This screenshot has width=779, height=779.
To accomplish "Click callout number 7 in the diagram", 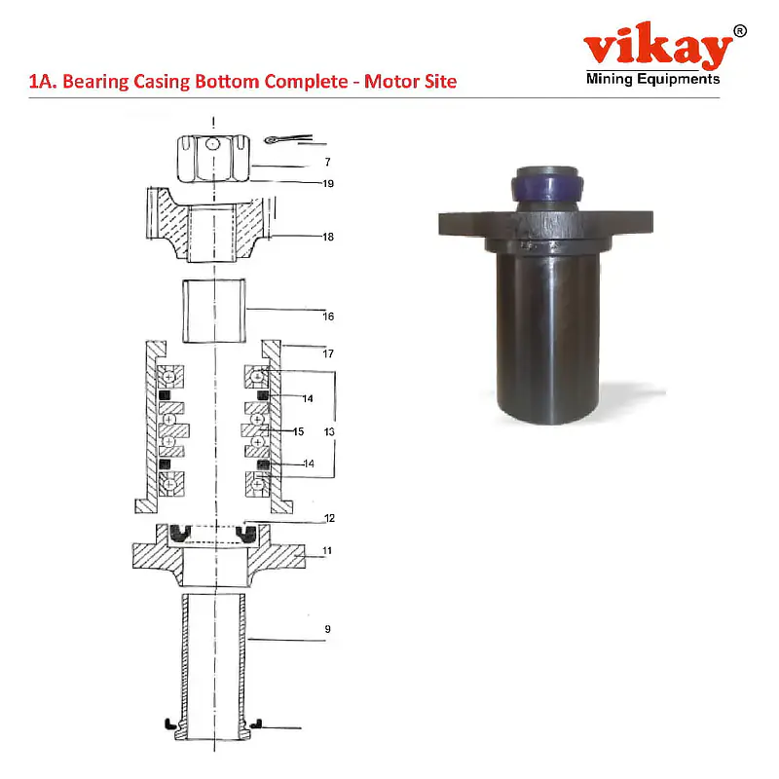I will coord(328,161).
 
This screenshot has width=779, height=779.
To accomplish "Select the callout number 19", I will coord(329,183).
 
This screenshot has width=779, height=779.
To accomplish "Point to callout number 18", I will coord(329,236).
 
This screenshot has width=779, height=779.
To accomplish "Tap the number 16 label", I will coord(329,315).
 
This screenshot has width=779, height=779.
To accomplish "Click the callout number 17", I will coord(329,353).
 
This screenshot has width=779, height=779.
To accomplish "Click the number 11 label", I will coord(328,550).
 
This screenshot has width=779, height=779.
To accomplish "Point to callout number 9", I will coord(328,630).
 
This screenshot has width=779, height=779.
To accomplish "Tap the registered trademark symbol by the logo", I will coord(740,31).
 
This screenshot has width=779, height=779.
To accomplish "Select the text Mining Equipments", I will coord(652,80).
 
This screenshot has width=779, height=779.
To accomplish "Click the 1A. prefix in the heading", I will coord(43,82).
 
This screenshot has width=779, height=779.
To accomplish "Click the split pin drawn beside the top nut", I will coord(283,139).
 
